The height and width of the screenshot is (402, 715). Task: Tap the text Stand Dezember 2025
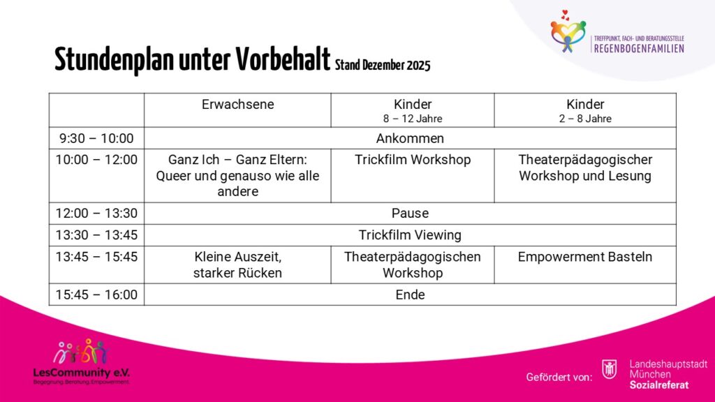383,66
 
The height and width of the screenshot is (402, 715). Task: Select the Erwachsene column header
237,105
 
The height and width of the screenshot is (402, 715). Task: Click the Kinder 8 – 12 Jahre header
413,110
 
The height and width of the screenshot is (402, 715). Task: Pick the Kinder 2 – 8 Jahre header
585,110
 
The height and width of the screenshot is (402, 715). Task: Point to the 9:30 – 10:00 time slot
96,138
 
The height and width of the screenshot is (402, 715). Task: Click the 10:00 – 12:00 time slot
96,160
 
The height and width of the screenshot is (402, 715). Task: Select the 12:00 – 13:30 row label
96,213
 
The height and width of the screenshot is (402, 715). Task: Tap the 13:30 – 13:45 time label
96,234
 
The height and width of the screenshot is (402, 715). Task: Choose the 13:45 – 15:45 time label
96,257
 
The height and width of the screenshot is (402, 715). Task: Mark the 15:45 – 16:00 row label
96,295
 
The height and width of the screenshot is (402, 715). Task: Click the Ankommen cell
410,138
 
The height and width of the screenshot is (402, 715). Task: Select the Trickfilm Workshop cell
413,160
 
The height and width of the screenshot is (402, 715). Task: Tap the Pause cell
410,213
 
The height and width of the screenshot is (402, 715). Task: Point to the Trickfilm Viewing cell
410,234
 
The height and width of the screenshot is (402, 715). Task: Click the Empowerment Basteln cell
585,257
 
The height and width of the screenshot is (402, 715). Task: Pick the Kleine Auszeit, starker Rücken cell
237,265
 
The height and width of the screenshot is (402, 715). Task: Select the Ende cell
410,295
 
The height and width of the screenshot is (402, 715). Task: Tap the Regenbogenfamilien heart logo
568,31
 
